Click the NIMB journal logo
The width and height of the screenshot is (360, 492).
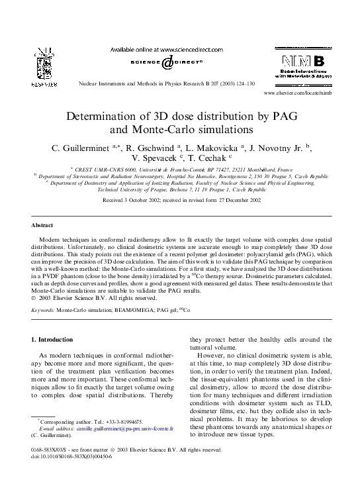click(299, 66)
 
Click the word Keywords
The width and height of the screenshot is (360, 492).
click(44, 309)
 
